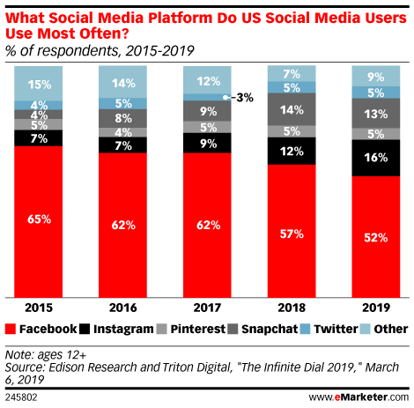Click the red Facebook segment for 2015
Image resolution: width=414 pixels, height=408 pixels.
click(38, 220)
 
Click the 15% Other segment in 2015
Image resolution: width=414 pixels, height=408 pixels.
click(38, 85)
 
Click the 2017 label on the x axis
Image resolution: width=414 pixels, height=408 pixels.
click(207, 309)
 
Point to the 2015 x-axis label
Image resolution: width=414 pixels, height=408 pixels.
click(38, 309)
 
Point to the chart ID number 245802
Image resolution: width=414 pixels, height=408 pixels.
click(23, 397)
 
